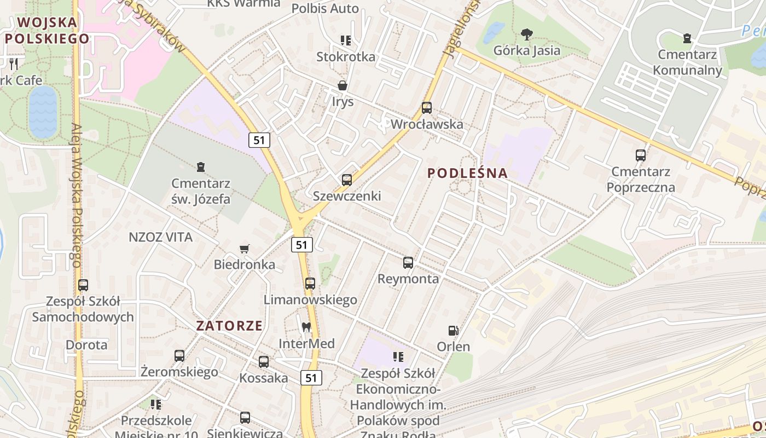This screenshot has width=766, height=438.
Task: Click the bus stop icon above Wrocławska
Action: click(427, 108)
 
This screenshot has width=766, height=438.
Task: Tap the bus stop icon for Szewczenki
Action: click(346, 180)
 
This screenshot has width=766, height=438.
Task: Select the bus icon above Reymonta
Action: click(408, 263)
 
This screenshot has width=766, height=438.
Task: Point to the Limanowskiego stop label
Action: click(310, 299)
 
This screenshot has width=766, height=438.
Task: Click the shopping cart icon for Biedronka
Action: click(245, 249)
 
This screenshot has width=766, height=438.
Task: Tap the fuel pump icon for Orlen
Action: click(453, 331)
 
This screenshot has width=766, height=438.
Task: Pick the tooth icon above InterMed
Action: click(306, 327)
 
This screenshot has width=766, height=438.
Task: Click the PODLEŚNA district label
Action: click(467, 173)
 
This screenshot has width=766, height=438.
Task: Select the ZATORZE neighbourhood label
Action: click(229, 325)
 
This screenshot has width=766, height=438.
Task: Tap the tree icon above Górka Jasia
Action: click(527, 34)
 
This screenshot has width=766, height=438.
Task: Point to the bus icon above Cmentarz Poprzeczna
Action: click(641, 155)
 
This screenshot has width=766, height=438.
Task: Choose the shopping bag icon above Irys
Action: click(343, 85)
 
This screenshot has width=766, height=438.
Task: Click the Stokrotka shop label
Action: click(346, 57)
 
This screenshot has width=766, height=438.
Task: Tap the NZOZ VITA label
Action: click(160, 237)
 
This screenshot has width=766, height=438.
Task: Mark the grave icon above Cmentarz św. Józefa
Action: click(201, 167)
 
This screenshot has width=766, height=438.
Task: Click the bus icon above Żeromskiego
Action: click(179, 356)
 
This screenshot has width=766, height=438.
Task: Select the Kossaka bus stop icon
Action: click(264, 362)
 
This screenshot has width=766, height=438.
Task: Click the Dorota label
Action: click(86, 345)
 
